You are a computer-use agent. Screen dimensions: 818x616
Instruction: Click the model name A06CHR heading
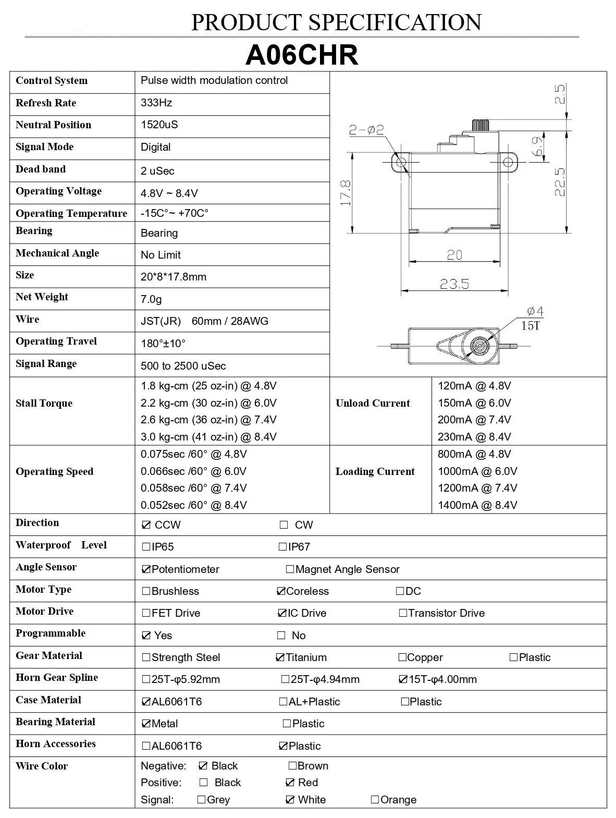(302, 55)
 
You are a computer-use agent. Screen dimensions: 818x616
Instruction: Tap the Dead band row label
(41, 169)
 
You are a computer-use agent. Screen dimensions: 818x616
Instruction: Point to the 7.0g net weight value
(151, 299)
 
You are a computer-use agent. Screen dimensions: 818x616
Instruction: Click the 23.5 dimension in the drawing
(454, 284)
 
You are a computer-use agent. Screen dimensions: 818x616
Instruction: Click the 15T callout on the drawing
(531, 326)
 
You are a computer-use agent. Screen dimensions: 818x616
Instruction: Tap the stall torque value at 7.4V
(208, 420)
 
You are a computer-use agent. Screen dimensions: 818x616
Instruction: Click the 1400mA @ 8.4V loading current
(477, 505)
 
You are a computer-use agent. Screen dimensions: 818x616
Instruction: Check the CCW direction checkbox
(146, 525)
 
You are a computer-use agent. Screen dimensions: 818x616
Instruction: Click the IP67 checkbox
(282, 547)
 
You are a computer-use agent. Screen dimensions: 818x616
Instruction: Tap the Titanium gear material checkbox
(280, 657)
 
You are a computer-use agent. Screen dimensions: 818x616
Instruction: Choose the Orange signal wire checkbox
(375, 799)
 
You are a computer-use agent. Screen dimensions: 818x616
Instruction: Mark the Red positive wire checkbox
(290, 782)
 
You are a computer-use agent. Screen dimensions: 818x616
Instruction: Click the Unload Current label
(373, 403)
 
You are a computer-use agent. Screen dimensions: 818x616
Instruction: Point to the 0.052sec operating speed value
(194, 505)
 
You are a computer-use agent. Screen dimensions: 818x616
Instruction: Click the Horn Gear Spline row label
(57, 677)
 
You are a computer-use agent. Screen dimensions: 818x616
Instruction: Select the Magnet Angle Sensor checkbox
(290, 569)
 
